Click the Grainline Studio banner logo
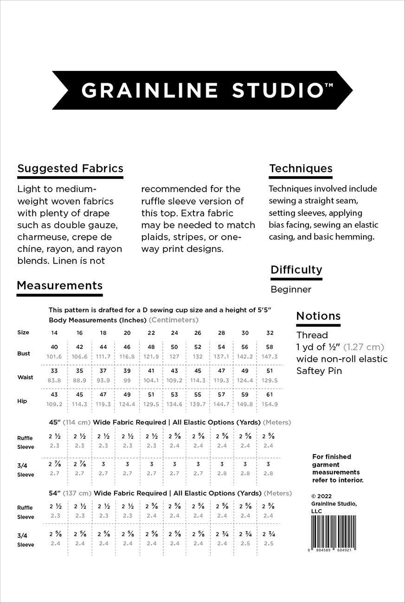[202, 90]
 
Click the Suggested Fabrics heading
[70, 168]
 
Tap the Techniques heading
[301, 168]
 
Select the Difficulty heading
[296, 269]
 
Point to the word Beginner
[291, 289]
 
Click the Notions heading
[318, 316]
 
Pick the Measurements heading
[59, 285]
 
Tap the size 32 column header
[270, 333]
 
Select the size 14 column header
[54, 333]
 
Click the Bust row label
[24, 353]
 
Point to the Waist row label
[25, 377]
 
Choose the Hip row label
[22, 401]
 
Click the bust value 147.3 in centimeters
[270, 357]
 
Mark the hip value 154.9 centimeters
[270, 404]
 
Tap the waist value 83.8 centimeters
[55, 380]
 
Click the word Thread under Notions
[312, 335]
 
